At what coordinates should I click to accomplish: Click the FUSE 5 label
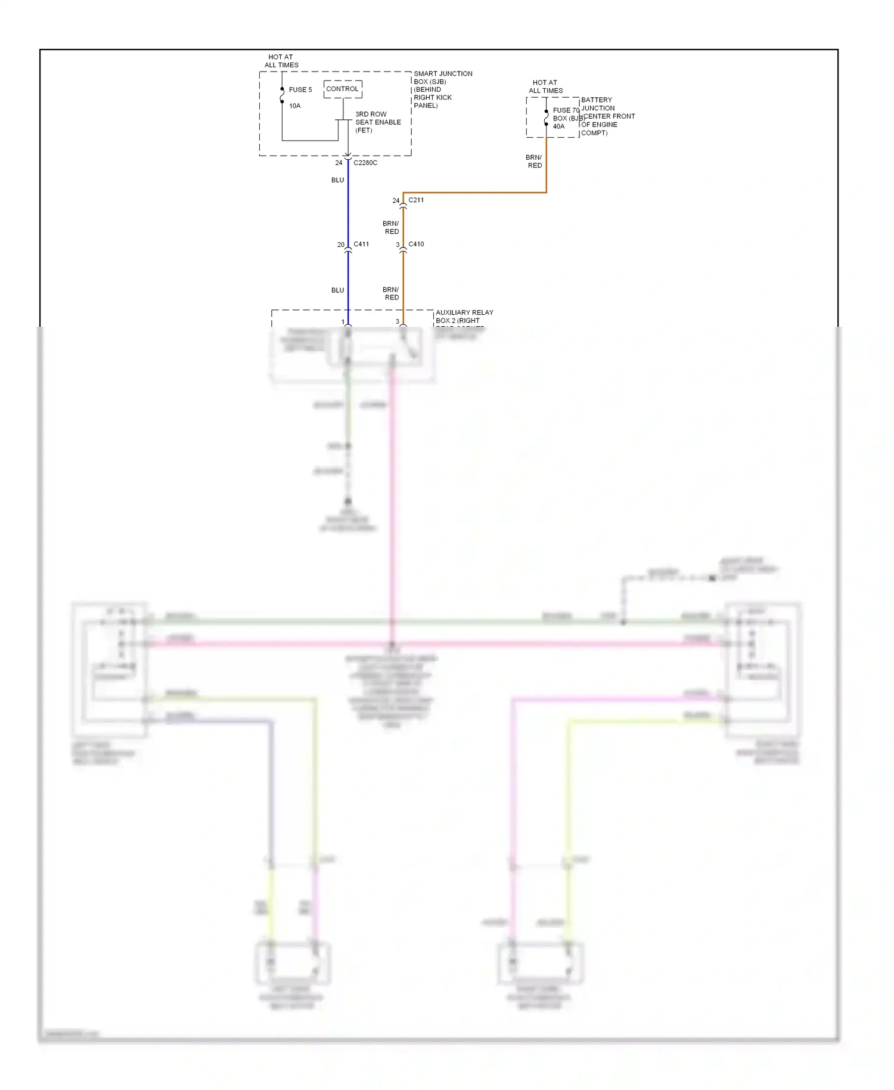pyautogui.click(x=300, y=90)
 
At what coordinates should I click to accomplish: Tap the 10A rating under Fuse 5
pyautogui.click(x=295, y=106)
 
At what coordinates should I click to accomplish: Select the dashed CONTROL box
pyautogui.click(x=343, y=89)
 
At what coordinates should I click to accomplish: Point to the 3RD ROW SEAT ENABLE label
pyautogui.click(x=378, y=122)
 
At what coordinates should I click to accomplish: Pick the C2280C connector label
pyautogui.click(x=365, y=163)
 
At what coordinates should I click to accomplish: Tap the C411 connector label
pyautogui.click(x=361, y=244)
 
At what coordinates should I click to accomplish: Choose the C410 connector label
pyautogui.click(x=416, y=244)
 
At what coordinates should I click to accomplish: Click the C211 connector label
pyautogui.click(x=416, y=200)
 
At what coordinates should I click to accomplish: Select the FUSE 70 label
pyautogui.click(x=566, y=110)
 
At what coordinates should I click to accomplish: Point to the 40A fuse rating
pyautogui.click(x=558, y=126)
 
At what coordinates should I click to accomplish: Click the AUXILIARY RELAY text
pyautogui.click(x=464, y=312)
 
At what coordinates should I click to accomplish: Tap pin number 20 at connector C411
pyautogui.click(x=341, y=245)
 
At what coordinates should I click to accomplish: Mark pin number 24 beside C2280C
pyautogui.click(x=339, y=163)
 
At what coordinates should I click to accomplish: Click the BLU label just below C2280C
pyautogui.click(x=338, y=180)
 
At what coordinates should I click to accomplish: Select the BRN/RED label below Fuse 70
pyautogui.click(x=534, y=162)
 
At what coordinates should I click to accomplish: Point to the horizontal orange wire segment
pyautogui.click(x=477, y=193)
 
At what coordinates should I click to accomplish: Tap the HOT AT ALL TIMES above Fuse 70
pyautogui.click(x=545, y=87)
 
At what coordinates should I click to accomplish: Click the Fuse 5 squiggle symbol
pyautogui.click(x=282, y=95)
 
